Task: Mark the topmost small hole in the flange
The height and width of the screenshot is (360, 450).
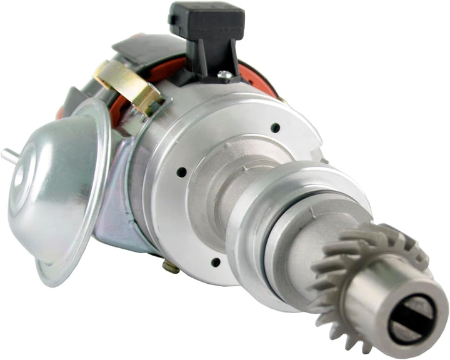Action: point(274,127)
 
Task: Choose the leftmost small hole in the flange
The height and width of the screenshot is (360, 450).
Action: point(181,171)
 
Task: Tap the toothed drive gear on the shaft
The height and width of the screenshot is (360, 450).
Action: point(350,262)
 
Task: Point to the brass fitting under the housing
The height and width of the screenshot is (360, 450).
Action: point(170,267)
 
